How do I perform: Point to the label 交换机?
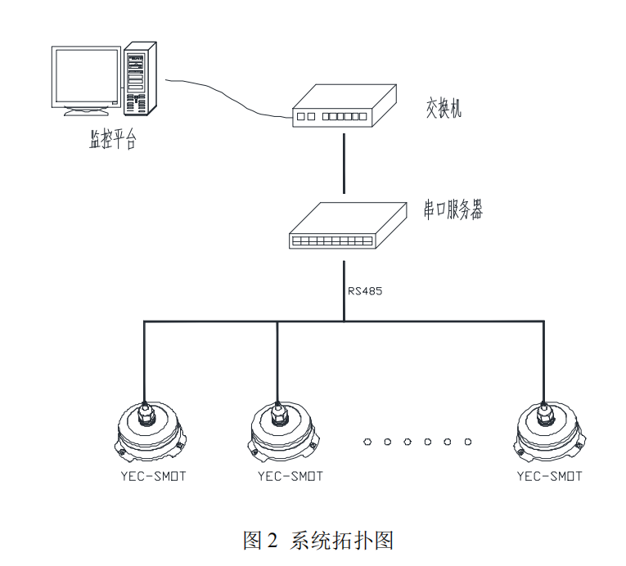444,106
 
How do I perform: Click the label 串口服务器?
453,210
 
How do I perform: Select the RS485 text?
365,290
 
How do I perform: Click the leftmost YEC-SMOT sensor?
149,431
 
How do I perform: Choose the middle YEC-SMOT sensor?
281,431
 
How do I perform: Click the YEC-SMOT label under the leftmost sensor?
153,476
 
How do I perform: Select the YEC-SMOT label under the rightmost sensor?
550,476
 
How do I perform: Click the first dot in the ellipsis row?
367,442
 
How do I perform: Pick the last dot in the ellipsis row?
467,442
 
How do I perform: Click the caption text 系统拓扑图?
340,541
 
